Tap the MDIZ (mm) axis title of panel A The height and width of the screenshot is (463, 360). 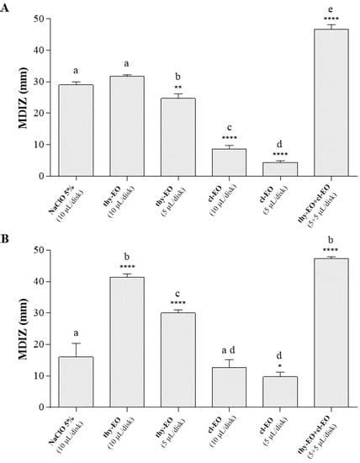[19, 97]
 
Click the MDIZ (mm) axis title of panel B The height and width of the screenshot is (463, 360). [19, 328]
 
